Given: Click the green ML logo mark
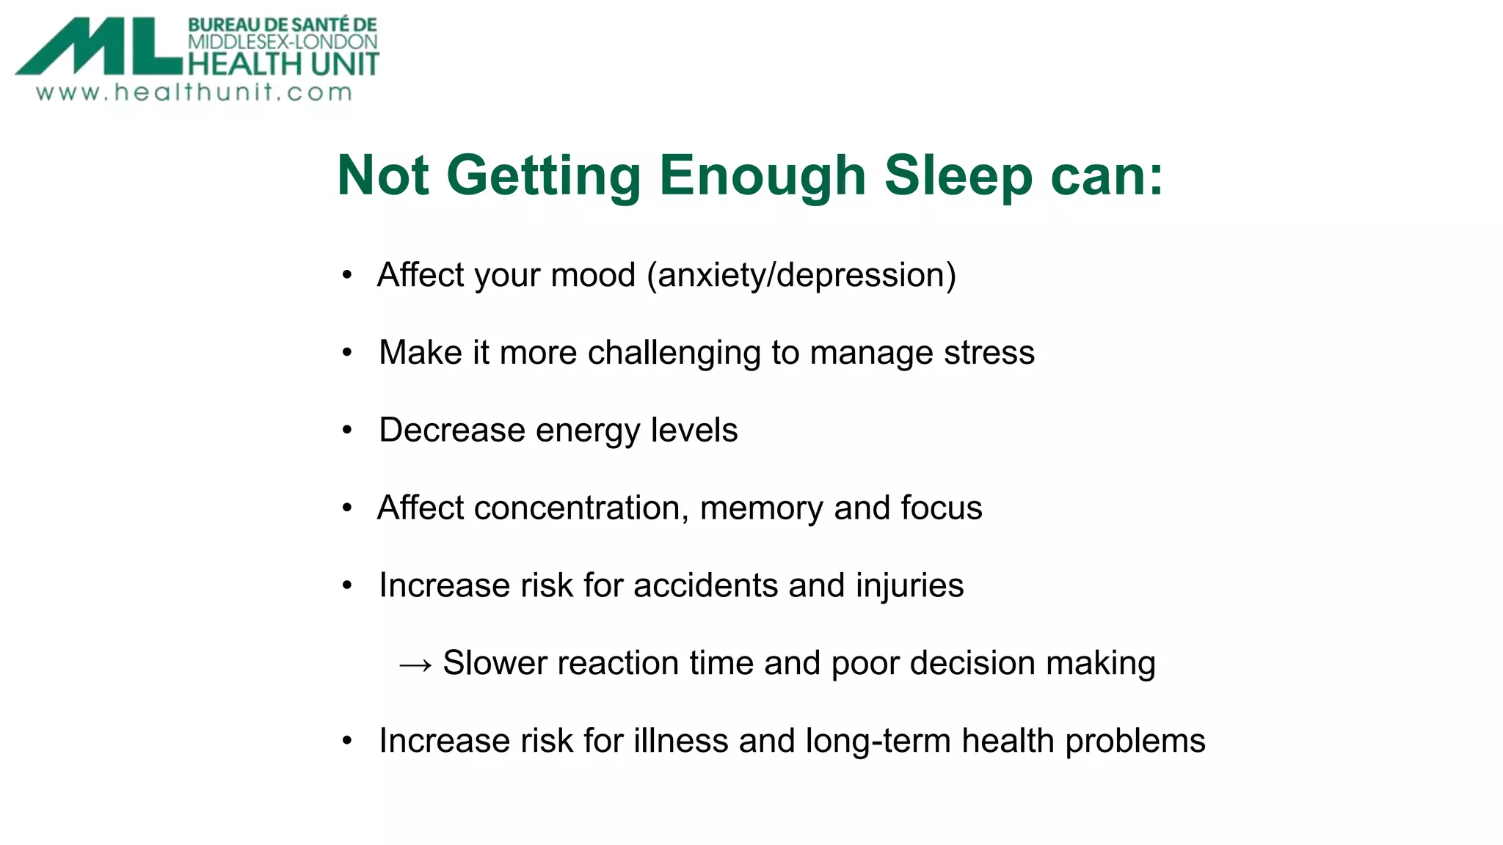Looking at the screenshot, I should coord(99,47).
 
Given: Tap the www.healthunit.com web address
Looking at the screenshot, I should coord(194,92).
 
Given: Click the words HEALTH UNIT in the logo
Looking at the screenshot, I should coord(283,64).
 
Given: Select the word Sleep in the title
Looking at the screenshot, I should coord(958,176).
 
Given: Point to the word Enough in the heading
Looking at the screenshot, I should coord(763,176).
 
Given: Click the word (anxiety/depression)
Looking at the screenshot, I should coord(801,276).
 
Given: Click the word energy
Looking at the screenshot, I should coord(588,431).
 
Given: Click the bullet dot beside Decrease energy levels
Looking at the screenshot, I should coord(347,431).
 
